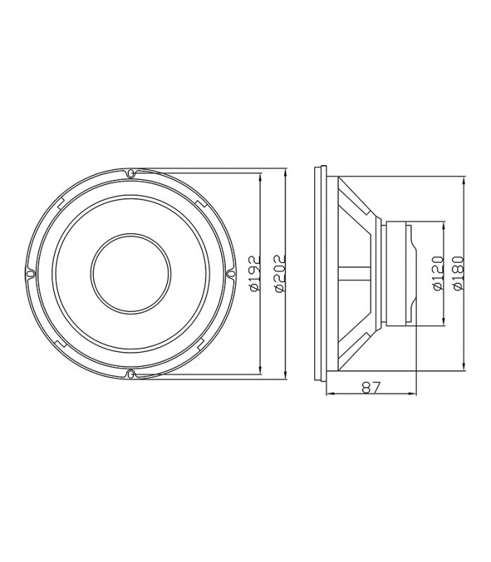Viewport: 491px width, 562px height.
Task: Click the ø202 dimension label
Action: (x=279, y=273)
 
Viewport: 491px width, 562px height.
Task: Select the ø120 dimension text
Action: (x=438, y=273)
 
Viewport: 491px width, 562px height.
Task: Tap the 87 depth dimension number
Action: (x=372, y=387)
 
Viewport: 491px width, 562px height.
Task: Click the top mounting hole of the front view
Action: (x=131, y=174)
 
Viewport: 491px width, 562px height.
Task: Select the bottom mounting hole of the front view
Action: (x=131, y=374)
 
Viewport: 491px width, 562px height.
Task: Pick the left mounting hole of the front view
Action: (x=31, y=274)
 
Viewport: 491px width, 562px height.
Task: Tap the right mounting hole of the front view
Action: (x=231, y=274)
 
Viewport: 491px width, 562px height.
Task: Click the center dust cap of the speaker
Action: (x=130, y=273)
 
